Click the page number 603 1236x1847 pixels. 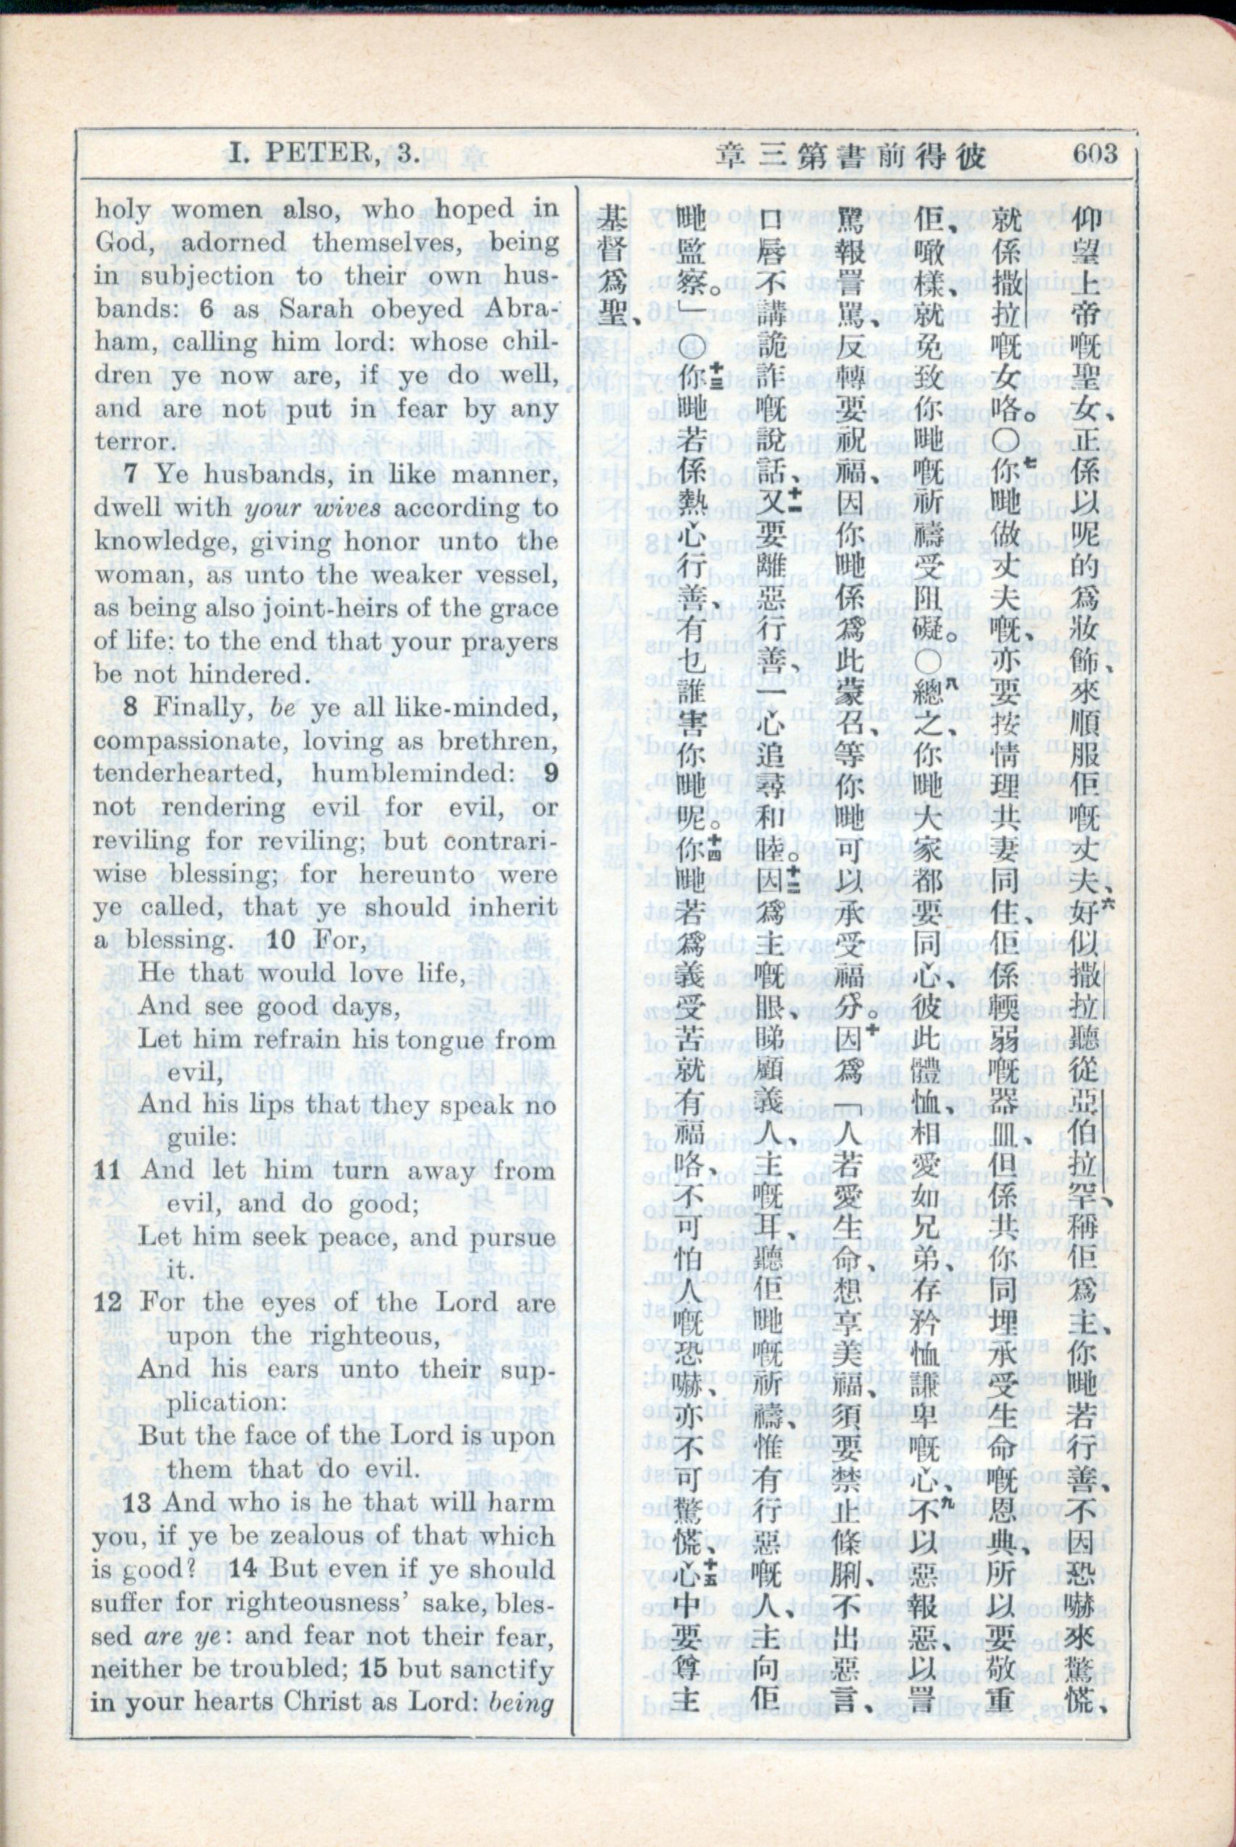click(1094, 152)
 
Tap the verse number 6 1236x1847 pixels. click(207, 308)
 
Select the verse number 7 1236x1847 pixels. click(132, 474)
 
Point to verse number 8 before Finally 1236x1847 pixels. click(132, 707)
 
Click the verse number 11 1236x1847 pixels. click(108, 1170)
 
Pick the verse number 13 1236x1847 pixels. click(136, 1502)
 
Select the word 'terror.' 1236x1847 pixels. click(134, 441)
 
